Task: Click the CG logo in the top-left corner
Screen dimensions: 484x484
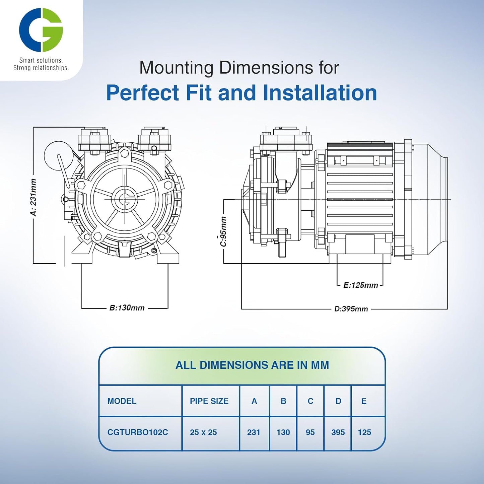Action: (x=41, y=30)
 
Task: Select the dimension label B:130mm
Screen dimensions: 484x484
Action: (x=127, y=308)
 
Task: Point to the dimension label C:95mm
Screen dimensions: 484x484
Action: (x=223, y=231)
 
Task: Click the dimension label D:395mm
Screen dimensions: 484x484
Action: (x=351, y=309)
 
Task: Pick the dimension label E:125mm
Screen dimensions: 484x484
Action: (x=360, y=285)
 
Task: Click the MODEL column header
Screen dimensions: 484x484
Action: (x=122, y=401)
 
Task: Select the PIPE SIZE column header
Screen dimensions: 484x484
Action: (x=209, y=401)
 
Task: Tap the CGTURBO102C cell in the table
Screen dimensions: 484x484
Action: (x=138, y=432)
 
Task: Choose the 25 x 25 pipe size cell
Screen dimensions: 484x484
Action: (x=203, y=432)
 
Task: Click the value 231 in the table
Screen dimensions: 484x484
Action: (x=254, y=432)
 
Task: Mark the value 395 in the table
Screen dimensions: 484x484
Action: (x=338, y=432)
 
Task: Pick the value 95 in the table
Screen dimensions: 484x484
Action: (x=310, y=432)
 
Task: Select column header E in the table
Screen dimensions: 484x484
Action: (x=364, y=401)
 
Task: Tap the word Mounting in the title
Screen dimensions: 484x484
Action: (x=176, y=68)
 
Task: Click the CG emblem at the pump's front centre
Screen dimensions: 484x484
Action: (x=125, y=199)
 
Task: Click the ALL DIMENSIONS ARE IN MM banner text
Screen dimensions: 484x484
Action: (x=252, y=365)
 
